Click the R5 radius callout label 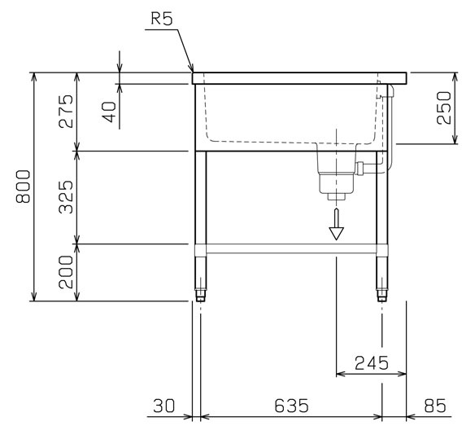[x=162, y=19]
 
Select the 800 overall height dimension [x=24, y=187]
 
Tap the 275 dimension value [x=67, y=112]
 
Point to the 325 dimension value [x=67, y=197]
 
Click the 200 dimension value [x=67, y=272]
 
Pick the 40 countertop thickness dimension [x=110, y=112]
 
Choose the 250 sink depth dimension [x=444, y=108]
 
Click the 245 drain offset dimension [x=372, y=363]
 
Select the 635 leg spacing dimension [x=291, y=406]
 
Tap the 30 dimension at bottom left [x=164, y=406]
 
